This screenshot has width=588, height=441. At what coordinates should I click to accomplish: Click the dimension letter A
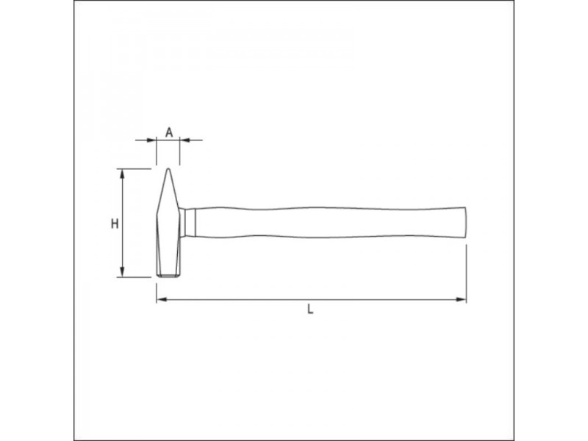(170, 132)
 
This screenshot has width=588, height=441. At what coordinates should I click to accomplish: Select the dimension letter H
(115, 224)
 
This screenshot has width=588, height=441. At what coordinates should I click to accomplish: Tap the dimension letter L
(310, 309)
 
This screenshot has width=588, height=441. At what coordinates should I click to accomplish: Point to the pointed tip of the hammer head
(168, 169)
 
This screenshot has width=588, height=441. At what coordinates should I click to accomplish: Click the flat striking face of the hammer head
(168, 276)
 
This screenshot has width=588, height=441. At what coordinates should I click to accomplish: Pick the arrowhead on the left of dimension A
(152, 140)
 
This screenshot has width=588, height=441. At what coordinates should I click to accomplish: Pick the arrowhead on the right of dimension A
(184, 140)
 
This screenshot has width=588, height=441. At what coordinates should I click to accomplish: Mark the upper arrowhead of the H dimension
(121, 173)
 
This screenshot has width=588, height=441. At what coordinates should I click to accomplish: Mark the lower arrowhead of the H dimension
(121, 272)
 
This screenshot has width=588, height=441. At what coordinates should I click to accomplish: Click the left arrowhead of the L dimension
(162, 299)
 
